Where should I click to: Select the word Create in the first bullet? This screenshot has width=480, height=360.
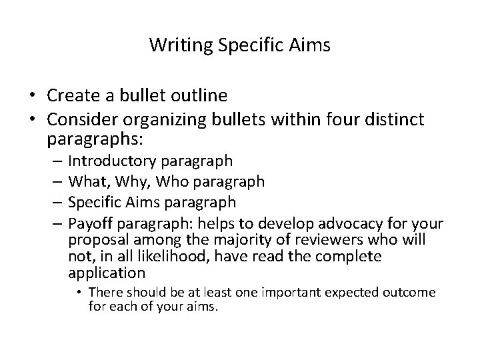pos(72,96)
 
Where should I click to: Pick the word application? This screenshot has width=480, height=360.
pos(107,273)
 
